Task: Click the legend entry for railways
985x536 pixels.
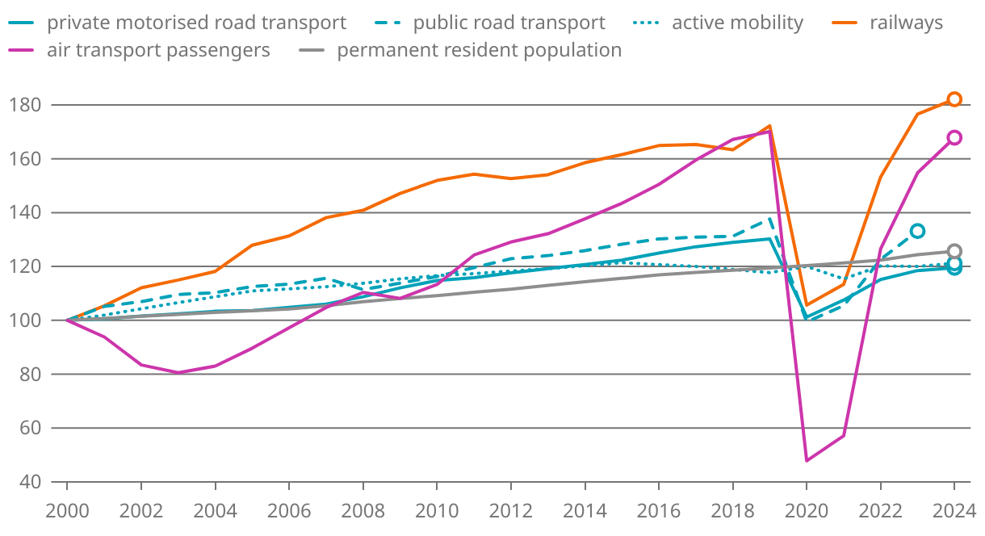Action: pos(905,23)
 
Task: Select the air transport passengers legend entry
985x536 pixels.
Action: pos(158,50)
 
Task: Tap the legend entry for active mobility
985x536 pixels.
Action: pos(737,23)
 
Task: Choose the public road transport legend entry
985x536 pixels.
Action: pos(509,23)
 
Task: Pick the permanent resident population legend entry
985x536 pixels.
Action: pos(479,50)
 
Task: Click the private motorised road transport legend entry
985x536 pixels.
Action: pos(196,23)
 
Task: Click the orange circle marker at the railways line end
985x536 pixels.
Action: pos(954,99)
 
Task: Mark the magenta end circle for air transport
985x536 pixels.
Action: pos(954,137)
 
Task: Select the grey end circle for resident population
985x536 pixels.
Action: pos(954,251)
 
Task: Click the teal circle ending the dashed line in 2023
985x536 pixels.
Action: pos(917,231)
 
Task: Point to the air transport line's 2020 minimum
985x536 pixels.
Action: pos(806,460)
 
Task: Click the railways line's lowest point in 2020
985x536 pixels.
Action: pos(806,304)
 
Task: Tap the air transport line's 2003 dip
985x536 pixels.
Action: pos(178,372)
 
